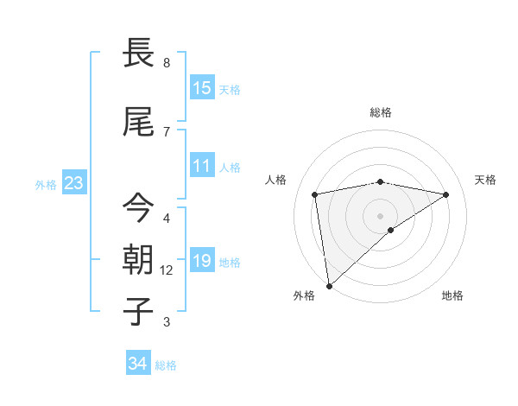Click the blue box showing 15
[202, 88]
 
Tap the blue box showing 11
[202, 166]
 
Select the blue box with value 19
[202, 261]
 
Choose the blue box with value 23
[73, 183]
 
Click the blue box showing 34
[138, 364]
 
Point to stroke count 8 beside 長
[167, 63]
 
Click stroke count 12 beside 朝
[167, 270]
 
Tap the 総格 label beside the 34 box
[166, 365]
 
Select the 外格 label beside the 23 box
[46, 184]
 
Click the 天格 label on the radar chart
[485, 180]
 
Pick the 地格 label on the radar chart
[452, 295]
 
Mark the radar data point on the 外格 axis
[328, 285]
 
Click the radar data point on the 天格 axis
[446, 194]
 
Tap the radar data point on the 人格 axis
[315, 194]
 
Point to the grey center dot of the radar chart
[381, 215]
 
